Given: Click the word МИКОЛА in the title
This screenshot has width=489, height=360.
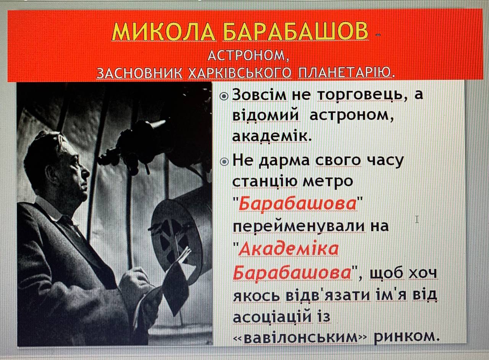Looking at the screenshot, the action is pos(164,31).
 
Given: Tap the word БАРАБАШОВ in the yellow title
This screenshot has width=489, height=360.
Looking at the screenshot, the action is pos(296,31).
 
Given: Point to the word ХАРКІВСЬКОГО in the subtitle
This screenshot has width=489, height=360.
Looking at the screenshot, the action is pos(240,73).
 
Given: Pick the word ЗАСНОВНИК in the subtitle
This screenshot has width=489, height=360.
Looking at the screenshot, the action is pos(139,73).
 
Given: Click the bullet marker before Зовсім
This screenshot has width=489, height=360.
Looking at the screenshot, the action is pos(224,96).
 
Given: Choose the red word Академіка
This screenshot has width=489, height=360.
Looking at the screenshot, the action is pos(288,249).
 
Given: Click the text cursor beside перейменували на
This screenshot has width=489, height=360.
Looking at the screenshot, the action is pos(417,219).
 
